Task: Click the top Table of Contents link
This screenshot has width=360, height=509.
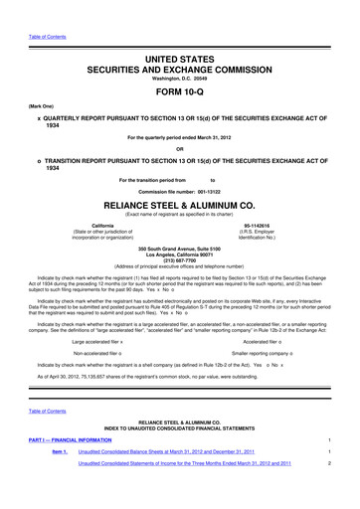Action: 30,8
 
